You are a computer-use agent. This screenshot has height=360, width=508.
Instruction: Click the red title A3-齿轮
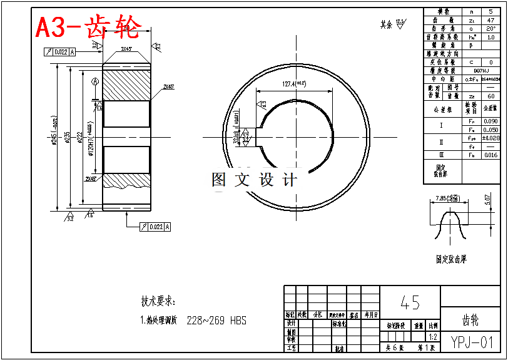[88, 28]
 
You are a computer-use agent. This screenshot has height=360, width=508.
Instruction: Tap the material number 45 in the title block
[410, 303]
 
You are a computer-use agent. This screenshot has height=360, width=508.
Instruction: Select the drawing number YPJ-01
[472, 342]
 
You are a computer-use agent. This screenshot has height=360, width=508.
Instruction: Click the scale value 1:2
[433, 336]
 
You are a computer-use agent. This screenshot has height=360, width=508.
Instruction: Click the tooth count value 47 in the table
[490, 20]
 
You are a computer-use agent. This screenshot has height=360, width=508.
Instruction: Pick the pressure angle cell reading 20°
[490, 28]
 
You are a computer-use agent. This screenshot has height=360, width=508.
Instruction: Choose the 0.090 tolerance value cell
[490, 121]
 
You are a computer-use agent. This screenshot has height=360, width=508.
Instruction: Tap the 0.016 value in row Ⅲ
[490, 155]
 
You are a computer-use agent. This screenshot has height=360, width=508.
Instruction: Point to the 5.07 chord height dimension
[487, 200]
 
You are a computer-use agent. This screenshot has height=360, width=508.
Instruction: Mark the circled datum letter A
[95, 81]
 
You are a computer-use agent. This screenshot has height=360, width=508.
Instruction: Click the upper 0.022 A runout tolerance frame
[60, 52]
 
